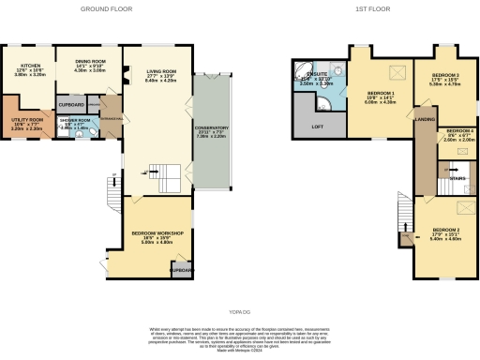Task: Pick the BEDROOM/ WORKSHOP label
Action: point(156,233)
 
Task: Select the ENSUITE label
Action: point(319,78)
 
